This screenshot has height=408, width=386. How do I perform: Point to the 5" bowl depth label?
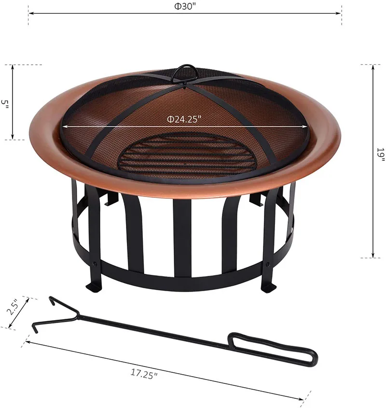pyautogui.click(x=5, y=103)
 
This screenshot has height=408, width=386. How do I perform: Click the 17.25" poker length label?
pyautogui.click(x=144, y=373)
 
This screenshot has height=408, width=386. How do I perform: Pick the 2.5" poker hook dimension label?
pyautogui.click(x=13, y=307)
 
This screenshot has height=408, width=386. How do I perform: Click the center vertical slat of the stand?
pyautogui.click(x=182, y=237)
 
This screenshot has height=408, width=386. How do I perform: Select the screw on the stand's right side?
pyautogui.click(x=268, y=264)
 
